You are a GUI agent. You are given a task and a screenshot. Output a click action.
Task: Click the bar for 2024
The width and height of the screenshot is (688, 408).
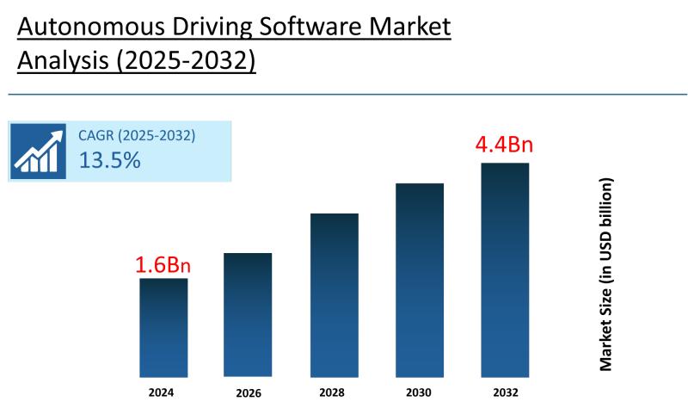163,327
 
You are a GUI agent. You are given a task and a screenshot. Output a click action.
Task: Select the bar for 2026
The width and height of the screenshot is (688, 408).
248,314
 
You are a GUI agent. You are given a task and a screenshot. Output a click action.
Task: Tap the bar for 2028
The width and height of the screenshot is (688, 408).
334,294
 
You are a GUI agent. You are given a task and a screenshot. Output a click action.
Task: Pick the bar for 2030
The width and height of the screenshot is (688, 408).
420,280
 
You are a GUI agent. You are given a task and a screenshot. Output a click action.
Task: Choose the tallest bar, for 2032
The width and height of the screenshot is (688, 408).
505,269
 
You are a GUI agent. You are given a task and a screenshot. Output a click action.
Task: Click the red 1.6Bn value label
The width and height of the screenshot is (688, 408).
163,265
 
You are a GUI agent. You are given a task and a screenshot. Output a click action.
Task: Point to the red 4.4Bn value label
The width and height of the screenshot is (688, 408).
505,144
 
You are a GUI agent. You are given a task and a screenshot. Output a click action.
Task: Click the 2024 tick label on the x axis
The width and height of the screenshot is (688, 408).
161,392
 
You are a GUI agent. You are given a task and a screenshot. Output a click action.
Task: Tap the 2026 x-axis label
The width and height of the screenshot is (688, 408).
247,393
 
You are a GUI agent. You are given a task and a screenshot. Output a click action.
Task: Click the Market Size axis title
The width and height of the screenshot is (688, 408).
606,275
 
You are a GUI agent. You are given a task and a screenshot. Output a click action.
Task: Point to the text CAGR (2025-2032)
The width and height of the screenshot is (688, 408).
137,135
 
